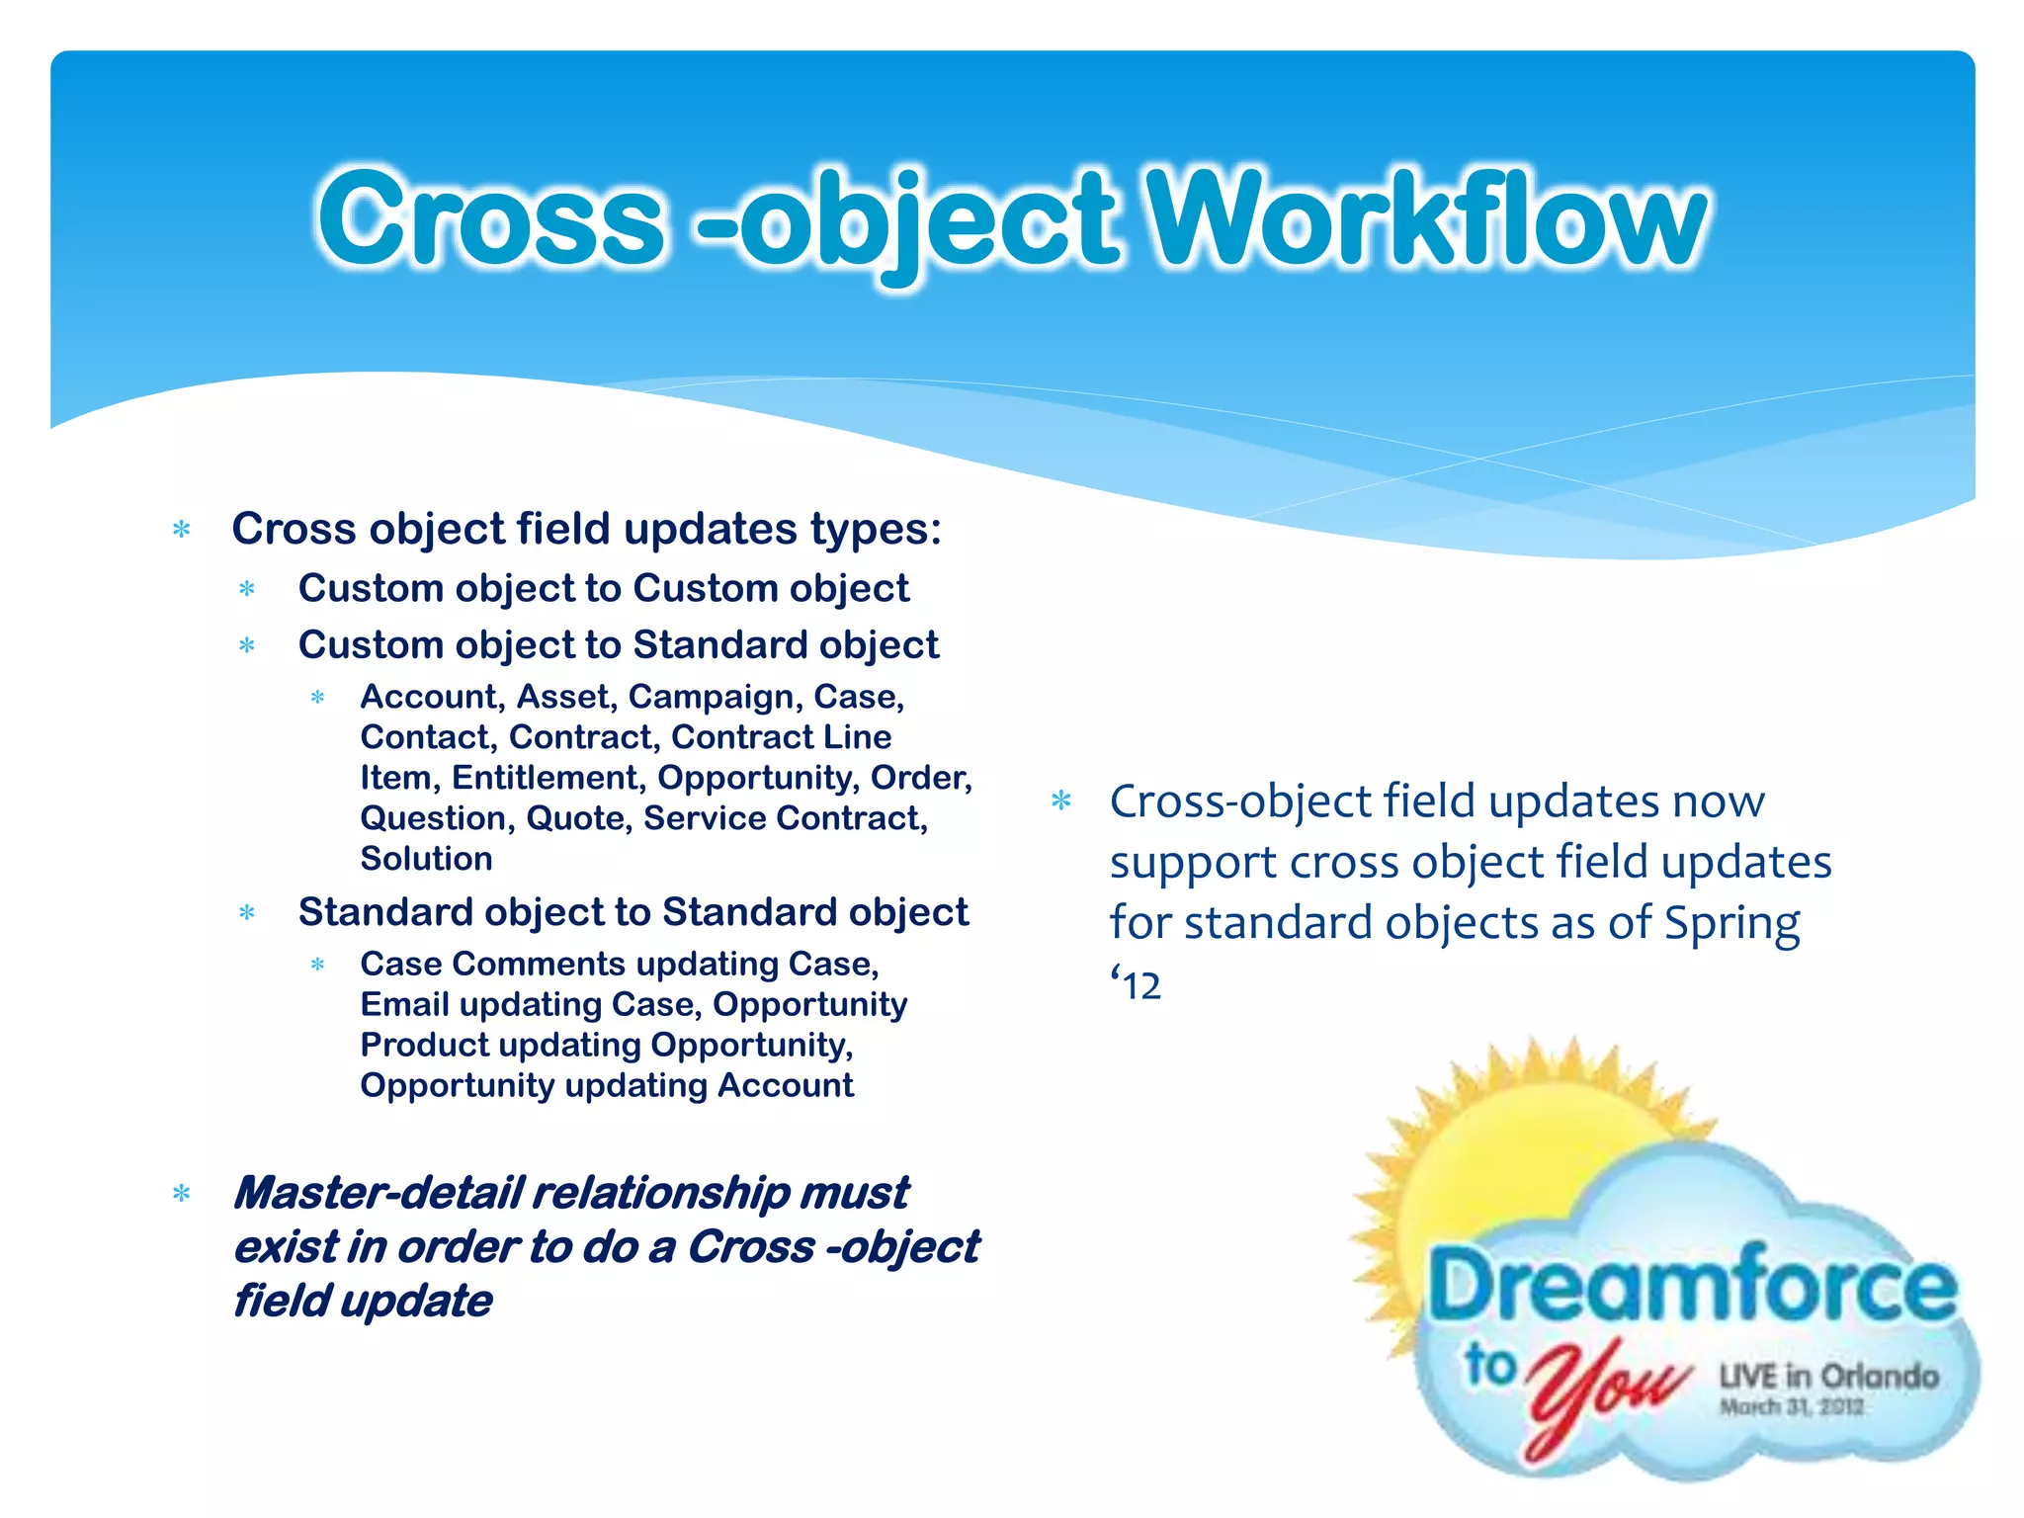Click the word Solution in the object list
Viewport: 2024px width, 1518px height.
pos(426,859)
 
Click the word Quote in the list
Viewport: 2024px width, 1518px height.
pos(578,818)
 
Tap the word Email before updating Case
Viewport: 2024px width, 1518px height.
pos(404,1004)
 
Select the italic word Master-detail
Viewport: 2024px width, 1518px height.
pos(379,1193)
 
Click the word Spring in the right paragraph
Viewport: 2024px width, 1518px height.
pos(1731,923)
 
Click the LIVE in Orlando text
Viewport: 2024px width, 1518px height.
pos(1828,1376)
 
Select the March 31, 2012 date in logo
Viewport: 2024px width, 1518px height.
pos(1791,1406)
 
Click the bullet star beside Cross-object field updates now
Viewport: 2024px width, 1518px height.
pos(1061,801)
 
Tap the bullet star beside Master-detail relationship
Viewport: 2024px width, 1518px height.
pos(182,1194)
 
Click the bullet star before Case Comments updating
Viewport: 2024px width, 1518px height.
pos(317,965)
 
